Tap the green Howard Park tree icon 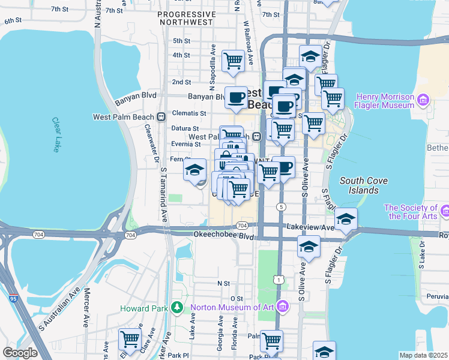[176, 308]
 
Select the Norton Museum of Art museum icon [283, 308]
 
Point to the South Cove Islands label [359, 185]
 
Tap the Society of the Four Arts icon [444, 211]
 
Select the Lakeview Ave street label [310, 227]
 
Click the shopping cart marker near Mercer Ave [130, 339]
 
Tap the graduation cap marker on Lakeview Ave [346, 219]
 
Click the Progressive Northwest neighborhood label [185, 18]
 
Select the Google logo [20, 352]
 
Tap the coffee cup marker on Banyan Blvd [236, 97]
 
